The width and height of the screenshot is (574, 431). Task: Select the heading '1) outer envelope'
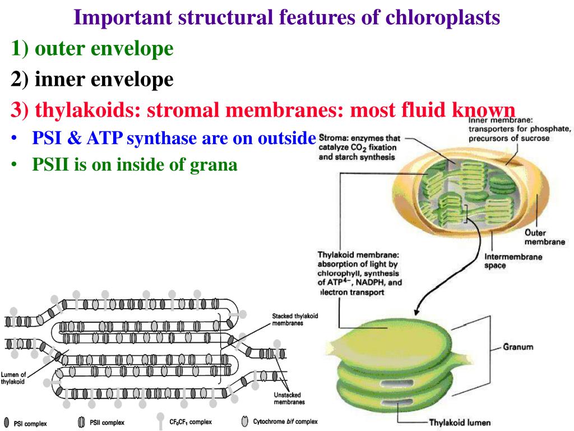tap(92, 49)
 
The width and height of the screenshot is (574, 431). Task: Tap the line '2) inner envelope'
tap(92, 80)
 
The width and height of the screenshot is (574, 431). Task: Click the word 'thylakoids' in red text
tap(87, 110)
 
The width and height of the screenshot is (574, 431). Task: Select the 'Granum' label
tap(517, 347)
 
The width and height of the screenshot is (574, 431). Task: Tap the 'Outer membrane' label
tap(544, 237)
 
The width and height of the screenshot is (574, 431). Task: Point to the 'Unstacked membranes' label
tap(289, 398)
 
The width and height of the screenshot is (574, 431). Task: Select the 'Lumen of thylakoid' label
tap(13, 378)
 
